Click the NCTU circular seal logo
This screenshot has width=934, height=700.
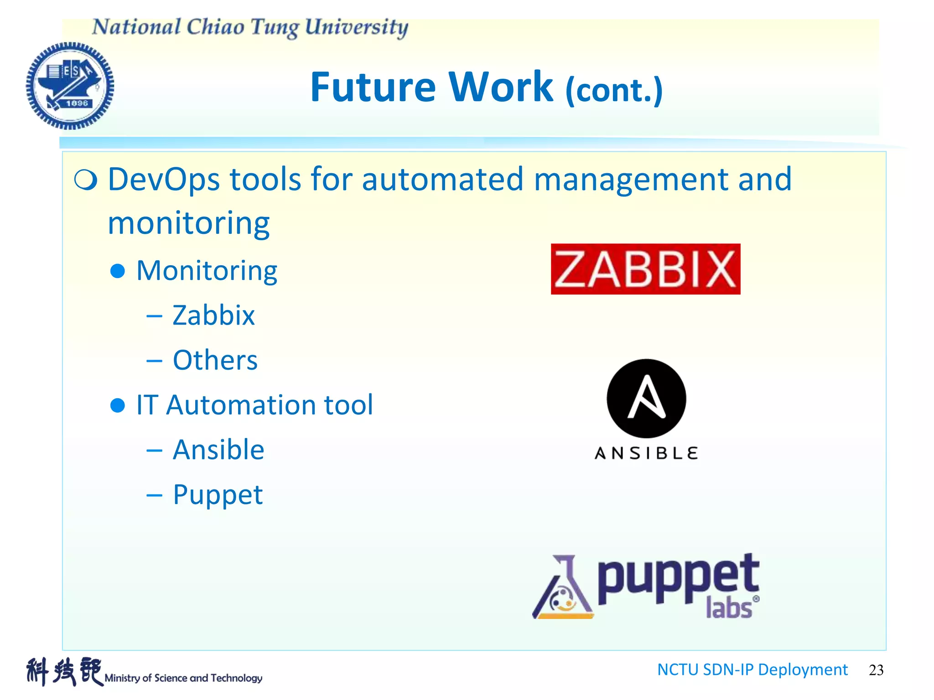[70, 86]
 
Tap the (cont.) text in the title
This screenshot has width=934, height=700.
[614, 90]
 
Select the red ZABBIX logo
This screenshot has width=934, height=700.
[645, 269]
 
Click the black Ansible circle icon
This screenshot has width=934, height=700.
[646, 398]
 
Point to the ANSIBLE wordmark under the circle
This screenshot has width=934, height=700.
[646, 453]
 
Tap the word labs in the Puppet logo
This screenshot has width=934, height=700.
[728, 608]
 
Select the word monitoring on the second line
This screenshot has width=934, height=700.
[189, 223]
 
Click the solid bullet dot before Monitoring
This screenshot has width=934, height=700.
[118, 271]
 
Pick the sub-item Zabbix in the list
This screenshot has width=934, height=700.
[213, 315]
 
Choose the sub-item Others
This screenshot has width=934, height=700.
[215, 360]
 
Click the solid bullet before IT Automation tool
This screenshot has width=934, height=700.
[118, 405]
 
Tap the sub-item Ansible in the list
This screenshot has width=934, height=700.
[218, 450]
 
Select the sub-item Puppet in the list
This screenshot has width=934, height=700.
[218, 495]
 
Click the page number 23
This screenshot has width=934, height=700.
[876, 670]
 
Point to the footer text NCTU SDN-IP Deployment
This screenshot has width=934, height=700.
[752, 669]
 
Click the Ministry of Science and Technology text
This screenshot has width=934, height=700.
[183, 678]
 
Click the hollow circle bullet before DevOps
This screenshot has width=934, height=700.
[86, 180]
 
